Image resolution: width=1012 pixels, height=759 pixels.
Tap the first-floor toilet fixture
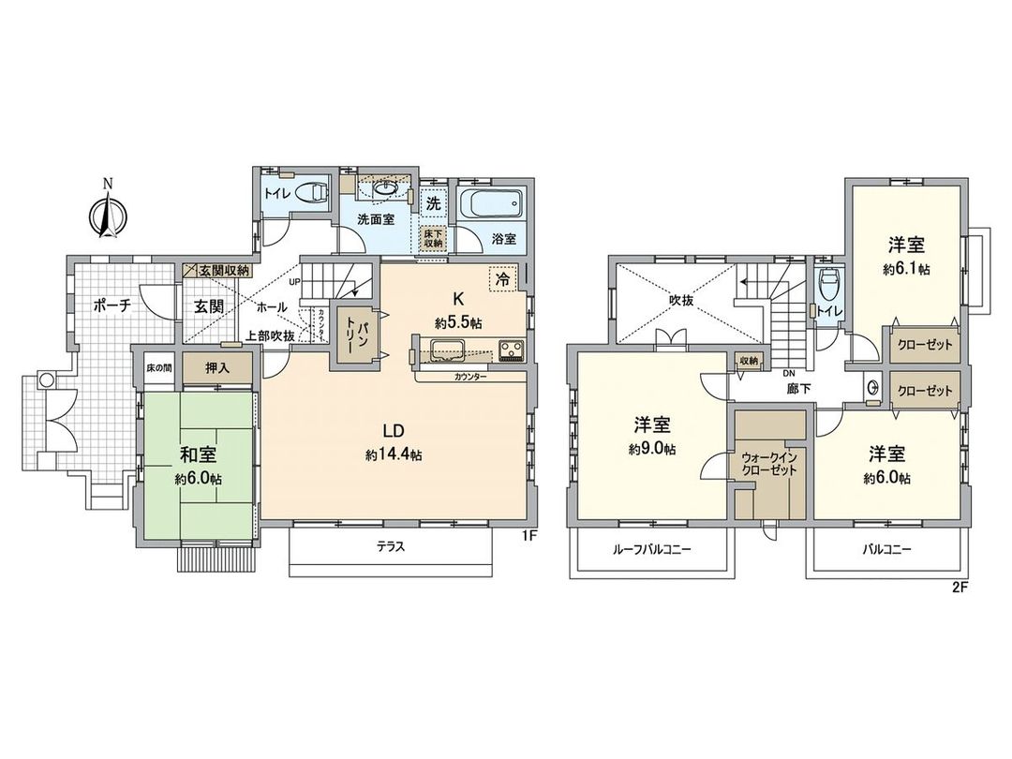point(312,193)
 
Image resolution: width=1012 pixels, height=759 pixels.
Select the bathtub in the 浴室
point(491,203)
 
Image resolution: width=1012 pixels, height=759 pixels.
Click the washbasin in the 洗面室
point(382,187)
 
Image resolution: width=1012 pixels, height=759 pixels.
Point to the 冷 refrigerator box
point(501,277)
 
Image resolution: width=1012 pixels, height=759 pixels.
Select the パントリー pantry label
point(354,333)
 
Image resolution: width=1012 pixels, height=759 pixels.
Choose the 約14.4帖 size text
point(393,454)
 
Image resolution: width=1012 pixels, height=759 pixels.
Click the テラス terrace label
point(393,548)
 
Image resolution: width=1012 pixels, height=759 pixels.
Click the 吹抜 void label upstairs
point(680,302)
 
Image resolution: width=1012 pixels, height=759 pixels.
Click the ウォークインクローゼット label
point(768,465)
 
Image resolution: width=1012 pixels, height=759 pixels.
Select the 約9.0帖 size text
point(653,449)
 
